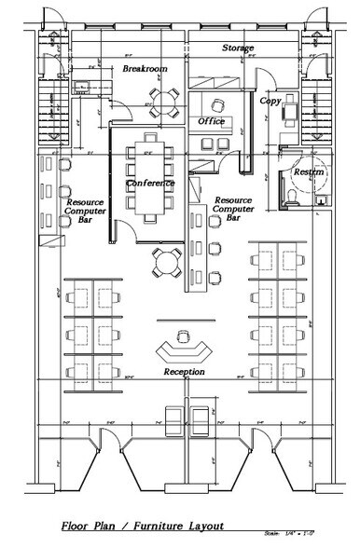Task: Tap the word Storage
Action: pyautogui.click(x=239, y=47)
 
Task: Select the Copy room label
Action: pyautogui.click(x=270, y=100)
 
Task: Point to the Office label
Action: pyautogui.click(x=212, y=121)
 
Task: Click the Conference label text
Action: pyautogui.click(x=150, y=183)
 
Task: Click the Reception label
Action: pyautogui.click(x=184, y=372)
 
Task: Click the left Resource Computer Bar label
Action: pyautogui.click(x=84, y=211)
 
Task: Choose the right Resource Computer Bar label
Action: pyautogui.click(x=233, y=210)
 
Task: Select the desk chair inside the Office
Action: pyautogui.click(x=220, y=104)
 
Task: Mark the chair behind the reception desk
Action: pyautogui.click(x=183, y=335)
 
